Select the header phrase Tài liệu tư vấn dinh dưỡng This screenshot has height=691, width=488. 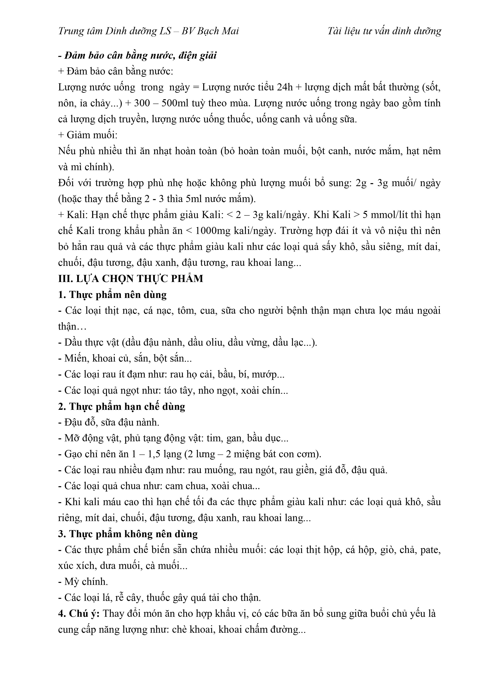click(x=384, y=31)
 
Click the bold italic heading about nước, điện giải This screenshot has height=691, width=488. click(x=137, y=56)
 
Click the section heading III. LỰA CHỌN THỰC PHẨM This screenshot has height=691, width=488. click(x=131, y=279)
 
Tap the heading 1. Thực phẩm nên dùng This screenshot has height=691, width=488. click(x=112, y=295)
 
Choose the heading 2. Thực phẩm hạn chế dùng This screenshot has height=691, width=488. click(x=121, y=407)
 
